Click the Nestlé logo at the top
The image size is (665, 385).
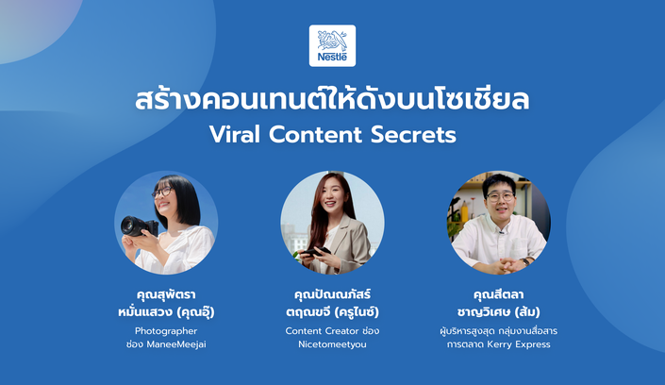(332, 45)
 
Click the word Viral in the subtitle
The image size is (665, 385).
(234, 135)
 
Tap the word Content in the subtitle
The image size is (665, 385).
(315, 135)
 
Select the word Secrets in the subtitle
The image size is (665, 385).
(413, 135)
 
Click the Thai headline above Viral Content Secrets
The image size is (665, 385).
(332, 100)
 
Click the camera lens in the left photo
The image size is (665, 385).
(130, 226)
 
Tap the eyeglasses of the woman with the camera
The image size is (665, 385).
(162, 192)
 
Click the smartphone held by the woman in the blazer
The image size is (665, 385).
(315, 252)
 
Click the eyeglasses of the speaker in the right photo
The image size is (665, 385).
(500, 196)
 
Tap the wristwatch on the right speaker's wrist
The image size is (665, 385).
(526, 261)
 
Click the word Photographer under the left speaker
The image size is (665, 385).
(166, 331)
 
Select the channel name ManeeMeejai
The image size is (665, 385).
(176, 344)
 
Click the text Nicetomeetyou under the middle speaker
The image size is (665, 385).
(332, 344)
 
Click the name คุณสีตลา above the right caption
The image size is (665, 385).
(498, 294)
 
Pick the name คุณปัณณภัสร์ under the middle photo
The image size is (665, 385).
(332, 293)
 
